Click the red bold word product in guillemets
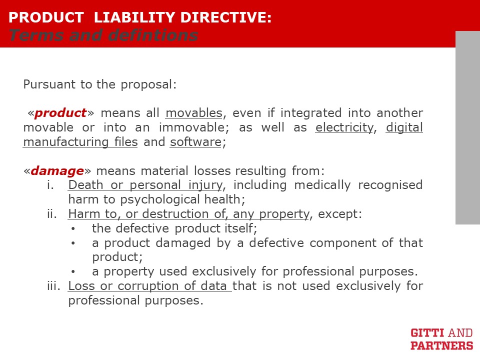click(60, 113)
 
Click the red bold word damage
click(57, 170)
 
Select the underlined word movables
click(194, 113)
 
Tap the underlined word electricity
click(344, 127)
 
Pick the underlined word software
click(195, 141)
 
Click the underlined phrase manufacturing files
click(80, 142)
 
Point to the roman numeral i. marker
click(50, 185)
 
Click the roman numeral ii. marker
click(52, 213)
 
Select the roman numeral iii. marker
click(54, 285)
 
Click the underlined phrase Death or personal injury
click(145, 185)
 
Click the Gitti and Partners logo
click(441, 339)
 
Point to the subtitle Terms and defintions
click(103, 35)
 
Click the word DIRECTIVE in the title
click(226, 17)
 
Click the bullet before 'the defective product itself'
click(73, 228)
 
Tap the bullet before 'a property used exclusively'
click(73, 272)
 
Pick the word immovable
click(193, 127)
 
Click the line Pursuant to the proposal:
click(100, 84)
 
